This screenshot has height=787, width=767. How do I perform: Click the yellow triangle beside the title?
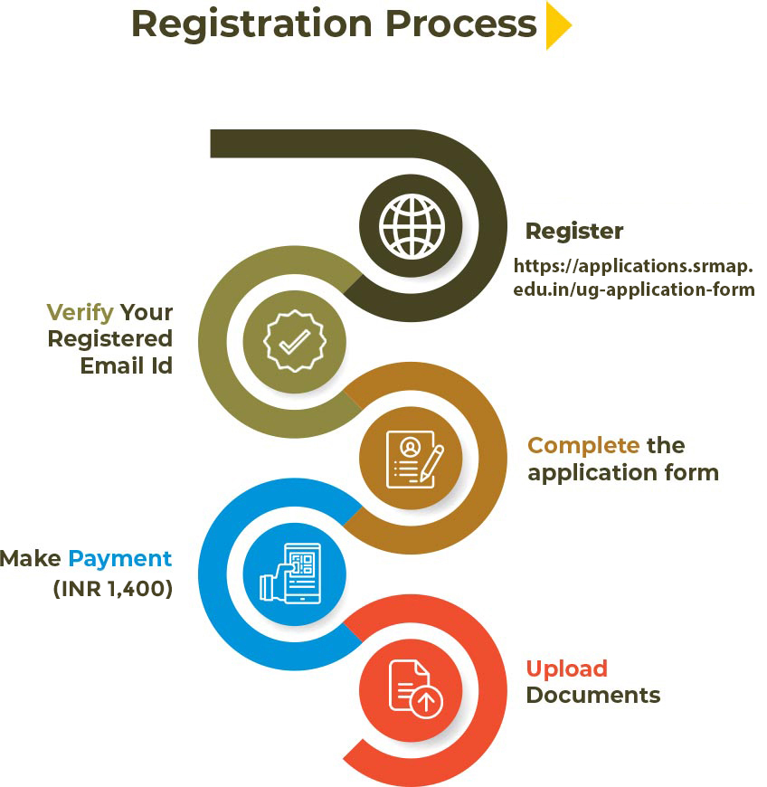point(556,26)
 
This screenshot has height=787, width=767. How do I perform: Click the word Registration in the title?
point(254,24)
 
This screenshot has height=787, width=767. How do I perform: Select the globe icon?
point(412,225)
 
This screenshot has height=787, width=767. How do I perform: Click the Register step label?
point(574,232)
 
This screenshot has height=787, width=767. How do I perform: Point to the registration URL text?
point(634,278)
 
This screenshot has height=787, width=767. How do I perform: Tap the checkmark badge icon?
point(293,341)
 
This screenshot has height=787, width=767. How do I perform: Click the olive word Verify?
point(80,313)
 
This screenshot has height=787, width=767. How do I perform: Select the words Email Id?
point(126,366)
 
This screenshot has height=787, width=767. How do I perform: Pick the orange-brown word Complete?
point(583,446)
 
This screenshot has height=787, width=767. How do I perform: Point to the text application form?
point(623,473)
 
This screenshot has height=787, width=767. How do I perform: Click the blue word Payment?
point(119,558)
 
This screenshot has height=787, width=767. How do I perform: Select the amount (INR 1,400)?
point(112,589)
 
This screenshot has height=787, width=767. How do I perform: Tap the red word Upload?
point(566,669)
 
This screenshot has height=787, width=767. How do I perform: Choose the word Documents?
point(593,696)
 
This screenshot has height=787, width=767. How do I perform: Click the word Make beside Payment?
point(32,558)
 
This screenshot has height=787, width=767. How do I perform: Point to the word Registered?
point(109,339)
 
